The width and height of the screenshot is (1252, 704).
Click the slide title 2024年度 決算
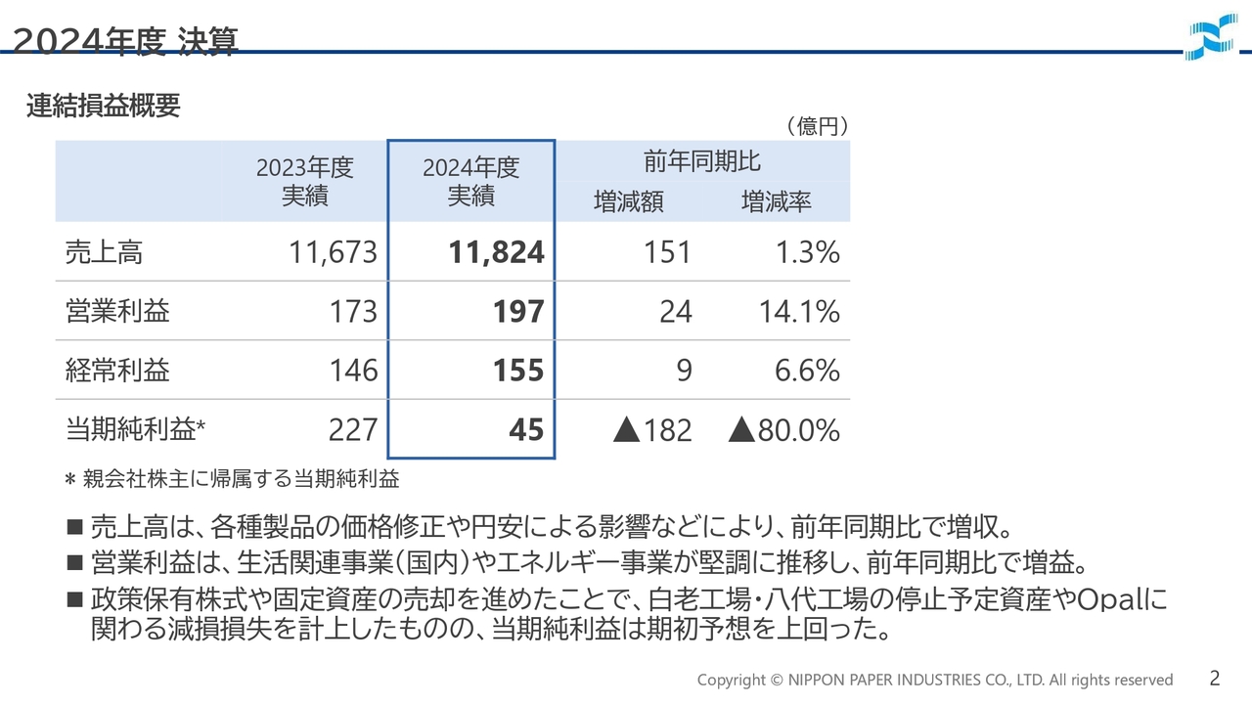(125, 41)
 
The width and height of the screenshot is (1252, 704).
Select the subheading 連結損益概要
(104, 107)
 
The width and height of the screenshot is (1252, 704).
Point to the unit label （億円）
(816, 126)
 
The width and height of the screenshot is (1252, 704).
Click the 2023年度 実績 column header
(304, 182)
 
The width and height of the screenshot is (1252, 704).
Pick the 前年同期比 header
(701, 161)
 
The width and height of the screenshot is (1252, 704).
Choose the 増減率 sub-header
(776, 202)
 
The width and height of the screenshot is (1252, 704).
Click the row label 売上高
(104, 253)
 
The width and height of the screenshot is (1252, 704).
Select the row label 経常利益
(117, 371)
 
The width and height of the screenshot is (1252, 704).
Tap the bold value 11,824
(496, 253)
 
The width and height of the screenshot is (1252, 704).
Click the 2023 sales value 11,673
(333, 253)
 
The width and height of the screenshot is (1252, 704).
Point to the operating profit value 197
(517, 312)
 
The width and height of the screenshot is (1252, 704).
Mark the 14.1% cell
(799, 312)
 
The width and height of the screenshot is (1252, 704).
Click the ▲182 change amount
(652, 430)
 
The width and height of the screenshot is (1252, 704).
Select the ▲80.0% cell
(784, 430)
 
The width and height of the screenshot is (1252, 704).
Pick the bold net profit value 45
(525, 430)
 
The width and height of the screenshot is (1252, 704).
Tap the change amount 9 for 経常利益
(684, 371)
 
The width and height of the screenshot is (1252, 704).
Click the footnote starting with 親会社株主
(240, 480)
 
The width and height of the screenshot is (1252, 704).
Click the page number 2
(1214, 678)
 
